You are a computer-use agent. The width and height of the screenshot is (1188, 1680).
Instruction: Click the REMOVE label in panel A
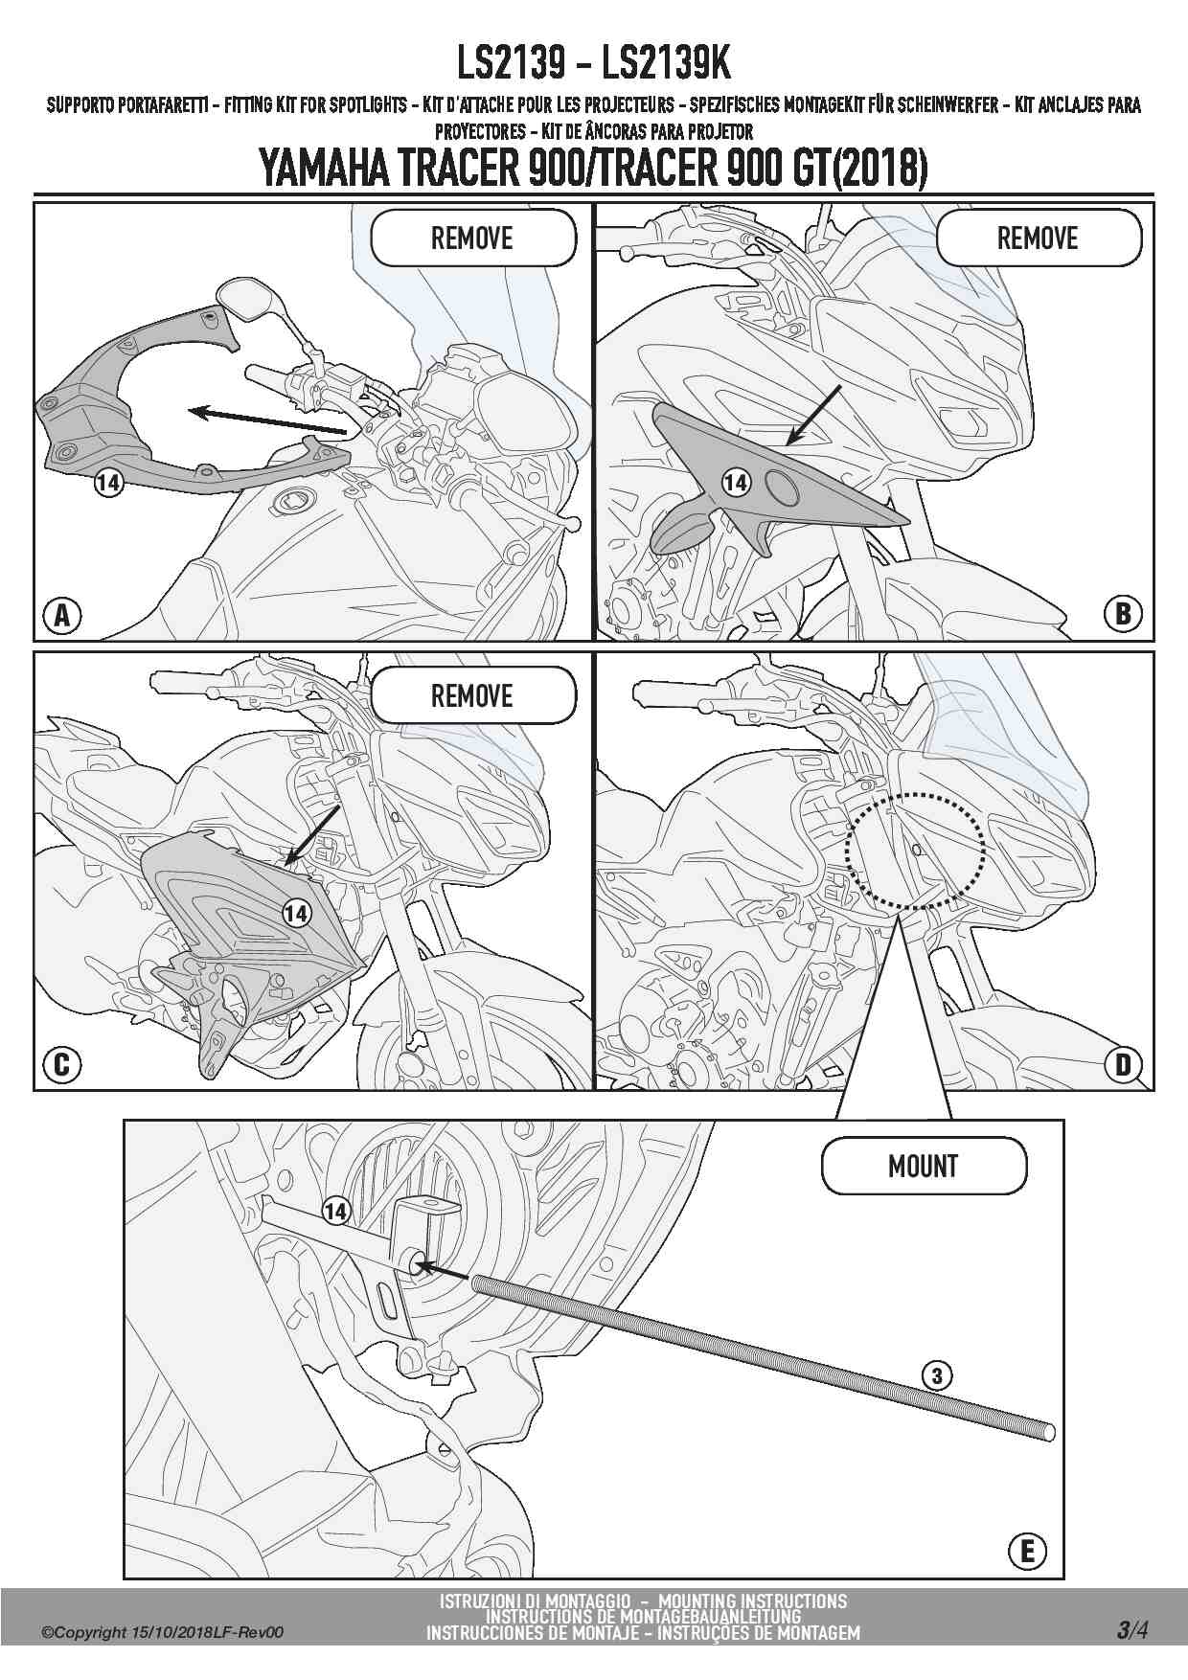(x=473, y=238)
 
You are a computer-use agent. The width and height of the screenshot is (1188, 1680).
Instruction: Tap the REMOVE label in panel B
(x=1039, y=238)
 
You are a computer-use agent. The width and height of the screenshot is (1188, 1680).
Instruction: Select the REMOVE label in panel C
(x=473, y=696)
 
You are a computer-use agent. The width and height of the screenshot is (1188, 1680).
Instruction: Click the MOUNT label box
(x=924, y=1167)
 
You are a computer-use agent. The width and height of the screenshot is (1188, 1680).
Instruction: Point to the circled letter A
(x=62, y=616)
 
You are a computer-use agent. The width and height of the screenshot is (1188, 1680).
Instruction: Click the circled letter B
(x=1124, y=614)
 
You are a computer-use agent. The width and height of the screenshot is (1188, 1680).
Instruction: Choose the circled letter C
(x=62, y=1064)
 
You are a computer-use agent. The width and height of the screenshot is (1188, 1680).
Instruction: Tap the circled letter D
(x=1124, y=1064)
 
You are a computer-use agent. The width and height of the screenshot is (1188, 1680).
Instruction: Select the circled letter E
(x=1028, y=1551)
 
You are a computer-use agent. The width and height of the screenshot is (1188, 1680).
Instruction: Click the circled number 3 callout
(x=937, y=1377)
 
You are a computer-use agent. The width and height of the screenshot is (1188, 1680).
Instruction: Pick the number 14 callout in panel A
(x=108, y=484)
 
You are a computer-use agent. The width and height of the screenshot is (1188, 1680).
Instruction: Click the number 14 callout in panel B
(x=735, y=483)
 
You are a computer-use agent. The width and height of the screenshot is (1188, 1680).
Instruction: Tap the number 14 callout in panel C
(x=296, y=914)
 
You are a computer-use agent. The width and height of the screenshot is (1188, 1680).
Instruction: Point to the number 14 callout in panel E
(x=335, y=1212)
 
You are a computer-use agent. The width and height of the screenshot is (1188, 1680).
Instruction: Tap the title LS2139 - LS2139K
(x=594, y=65)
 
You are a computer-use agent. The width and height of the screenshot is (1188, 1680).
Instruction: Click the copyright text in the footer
(x=163, y=1633)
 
